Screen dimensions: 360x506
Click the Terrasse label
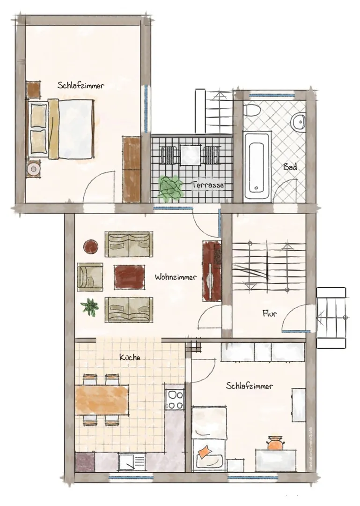(207, 185)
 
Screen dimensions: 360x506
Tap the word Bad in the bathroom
(290, 167)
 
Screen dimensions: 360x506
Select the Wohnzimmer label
(176, 277)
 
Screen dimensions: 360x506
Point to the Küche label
(130, 357)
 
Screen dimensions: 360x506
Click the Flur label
(269, 313)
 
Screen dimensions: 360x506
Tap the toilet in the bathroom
(252, 110)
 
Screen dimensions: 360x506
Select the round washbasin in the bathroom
(299, 122)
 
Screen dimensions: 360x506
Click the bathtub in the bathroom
(257, 165)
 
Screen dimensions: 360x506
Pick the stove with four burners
(175, 400)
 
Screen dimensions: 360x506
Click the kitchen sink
(132, 461)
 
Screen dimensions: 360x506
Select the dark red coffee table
(129, 276)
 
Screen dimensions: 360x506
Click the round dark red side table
(91, 247)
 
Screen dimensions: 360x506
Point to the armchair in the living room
(90, 277)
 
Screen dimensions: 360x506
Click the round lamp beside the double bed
(33, 169)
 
